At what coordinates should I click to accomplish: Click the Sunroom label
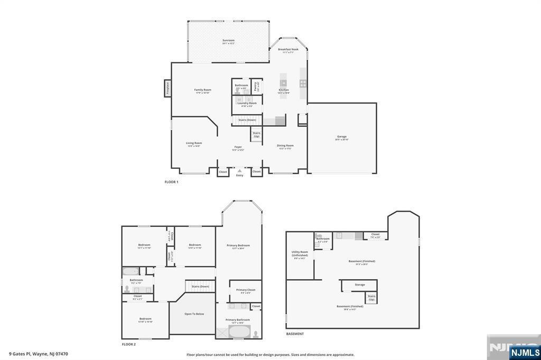click(228, 41)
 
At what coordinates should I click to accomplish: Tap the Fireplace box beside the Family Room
click(167, 89)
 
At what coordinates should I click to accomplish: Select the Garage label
click(342, 137)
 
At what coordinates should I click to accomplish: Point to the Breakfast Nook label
click(288, 50)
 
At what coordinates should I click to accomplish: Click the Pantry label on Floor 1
click(256, 86)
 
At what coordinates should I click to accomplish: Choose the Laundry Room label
click(247, 103)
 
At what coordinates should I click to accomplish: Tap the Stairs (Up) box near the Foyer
click(256, 135)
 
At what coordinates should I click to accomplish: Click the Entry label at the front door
click(240, 175)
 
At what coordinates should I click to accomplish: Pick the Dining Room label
click(285, 146)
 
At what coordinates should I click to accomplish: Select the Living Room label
click(194, 143)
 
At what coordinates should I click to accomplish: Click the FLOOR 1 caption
click(172, 182)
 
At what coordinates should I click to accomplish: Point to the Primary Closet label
click(245, 290)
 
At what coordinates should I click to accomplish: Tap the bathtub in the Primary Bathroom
click(241, 333)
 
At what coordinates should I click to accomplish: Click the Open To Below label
click(194, 314)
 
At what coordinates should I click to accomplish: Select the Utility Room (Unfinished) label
click(300, 254)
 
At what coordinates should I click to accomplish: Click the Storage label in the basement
click(360, 285)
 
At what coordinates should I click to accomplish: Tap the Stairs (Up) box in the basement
click(372, 297)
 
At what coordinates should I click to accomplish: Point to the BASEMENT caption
click(295, 334)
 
